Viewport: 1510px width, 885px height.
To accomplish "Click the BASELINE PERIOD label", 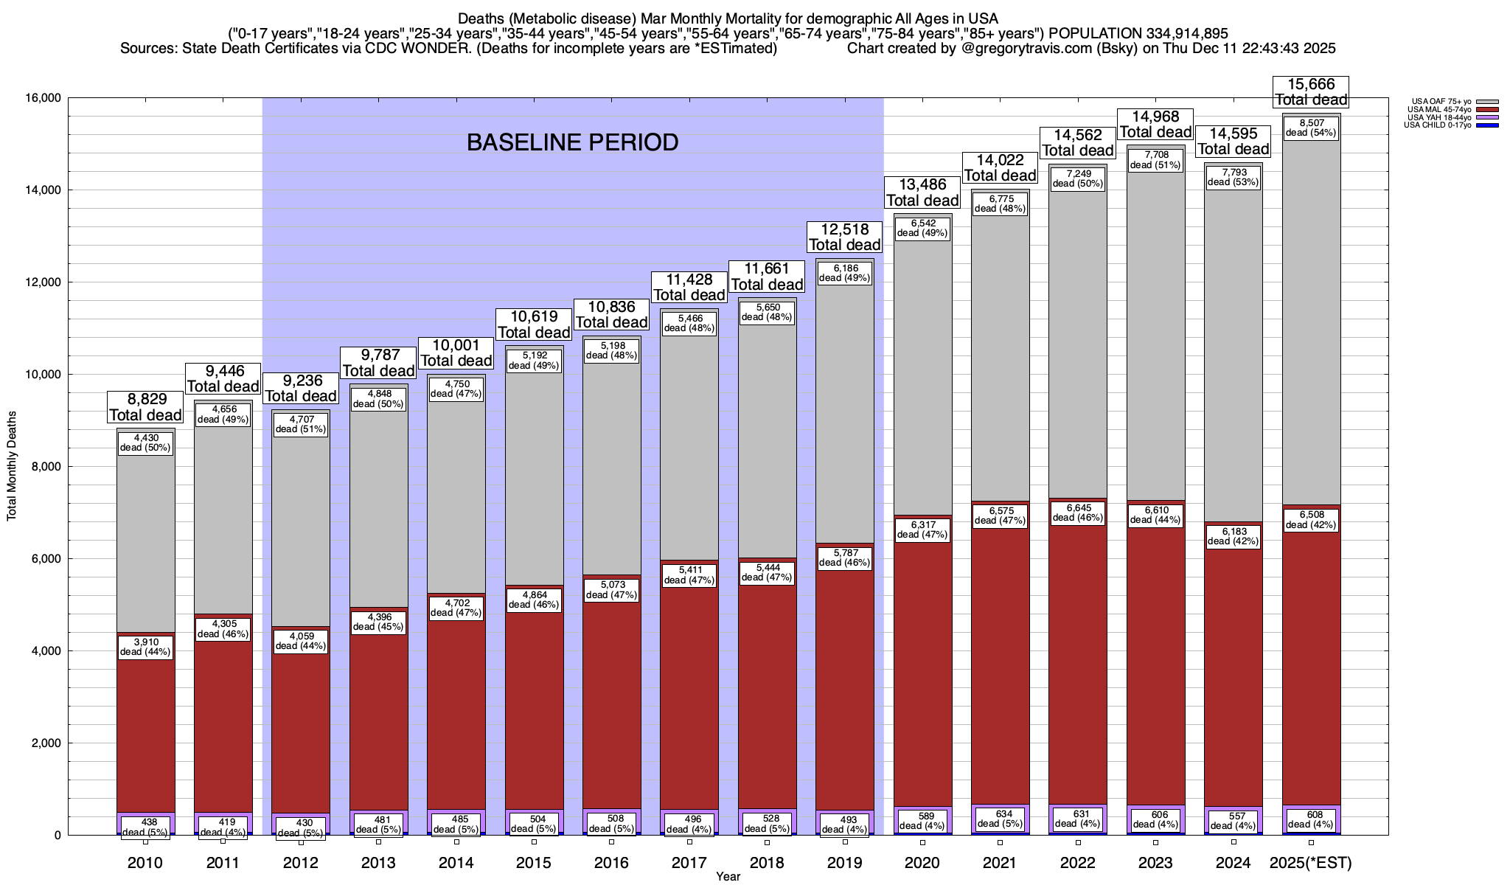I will click(x=572, y=142).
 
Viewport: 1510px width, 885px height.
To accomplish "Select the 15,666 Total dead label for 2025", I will click(x=1311, y=92).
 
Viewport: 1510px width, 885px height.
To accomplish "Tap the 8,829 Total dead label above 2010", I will click(x=145, y=407).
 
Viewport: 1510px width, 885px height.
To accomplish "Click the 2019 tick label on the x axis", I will click(x=844, y=863).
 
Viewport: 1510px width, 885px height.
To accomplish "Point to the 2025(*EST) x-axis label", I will click(x=1311, y=863).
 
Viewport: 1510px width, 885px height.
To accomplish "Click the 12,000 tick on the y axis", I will click(x=41, y=282).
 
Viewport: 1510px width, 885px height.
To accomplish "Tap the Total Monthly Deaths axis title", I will click(x=12, y=466).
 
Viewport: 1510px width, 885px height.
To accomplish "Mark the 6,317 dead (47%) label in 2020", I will click(x=922, y=530).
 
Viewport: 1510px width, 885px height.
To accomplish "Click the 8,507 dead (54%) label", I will click(x=1311, y=128).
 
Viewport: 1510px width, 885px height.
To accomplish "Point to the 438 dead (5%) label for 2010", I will click(x=145, y=827).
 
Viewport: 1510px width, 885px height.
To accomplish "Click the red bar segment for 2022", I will click(x=1077, y=664).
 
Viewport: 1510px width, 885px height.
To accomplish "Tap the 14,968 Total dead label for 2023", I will click(x=1155, y=124).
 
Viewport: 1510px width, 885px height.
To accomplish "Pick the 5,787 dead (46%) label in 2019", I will click(x=844, y=558).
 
